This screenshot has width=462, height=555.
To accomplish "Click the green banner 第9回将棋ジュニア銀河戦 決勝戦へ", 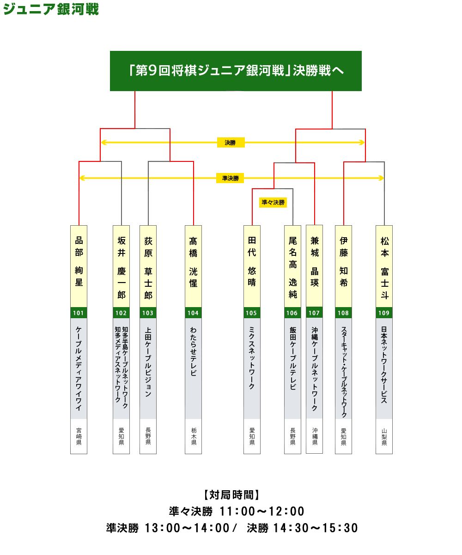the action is [236, 71].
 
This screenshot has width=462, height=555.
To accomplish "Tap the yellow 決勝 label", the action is [231, 142].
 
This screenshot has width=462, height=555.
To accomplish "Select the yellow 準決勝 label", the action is [230, 178].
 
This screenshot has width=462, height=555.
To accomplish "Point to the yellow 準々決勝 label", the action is [273, 203].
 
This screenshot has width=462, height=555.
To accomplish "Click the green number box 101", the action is [79, 313].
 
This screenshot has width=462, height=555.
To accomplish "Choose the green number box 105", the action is [252, 313].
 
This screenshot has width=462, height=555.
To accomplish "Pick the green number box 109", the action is [384, 313].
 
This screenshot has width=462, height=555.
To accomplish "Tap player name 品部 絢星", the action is [79, 261].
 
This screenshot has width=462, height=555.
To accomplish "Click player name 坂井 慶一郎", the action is [122, 267].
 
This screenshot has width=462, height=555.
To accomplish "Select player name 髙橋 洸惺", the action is [193, 262].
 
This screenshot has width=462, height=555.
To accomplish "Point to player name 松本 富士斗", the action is [384, 268].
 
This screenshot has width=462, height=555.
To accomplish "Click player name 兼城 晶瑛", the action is [315, 262].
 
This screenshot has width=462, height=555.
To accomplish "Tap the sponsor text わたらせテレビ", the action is [193, 351].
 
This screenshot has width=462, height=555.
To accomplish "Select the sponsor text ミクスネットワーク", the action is [252, 358].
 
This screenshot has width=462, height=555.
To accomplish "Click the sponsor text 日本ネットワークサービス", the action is [384, 365].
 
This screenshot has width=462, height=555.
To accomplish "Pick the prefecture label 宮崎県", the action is [79, 437].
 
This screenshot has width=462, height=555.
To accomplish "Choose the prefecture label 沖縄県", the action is [315, 436].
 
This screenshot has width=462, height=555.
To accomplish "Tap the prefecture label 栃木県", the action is [194, 437].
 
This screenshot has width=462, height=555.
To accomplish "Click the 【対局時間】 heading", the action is [231, 495].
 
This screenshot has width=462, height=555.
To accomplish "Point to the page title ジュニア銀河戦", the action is [51, 9].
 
